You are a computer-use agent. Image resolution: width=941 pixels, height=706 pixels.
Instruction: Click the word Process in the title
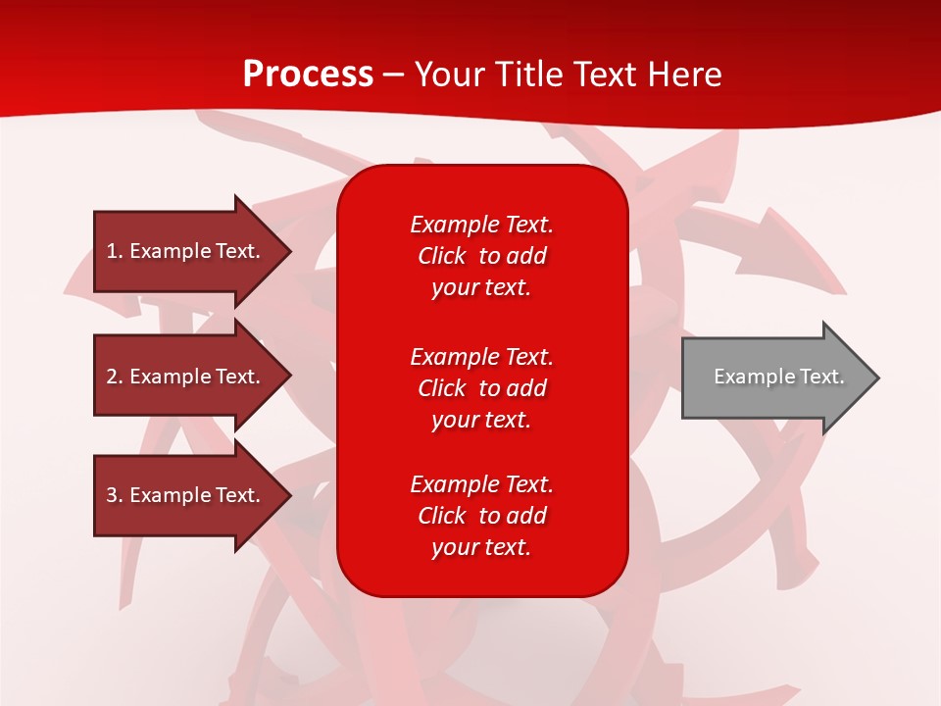pos(308,74)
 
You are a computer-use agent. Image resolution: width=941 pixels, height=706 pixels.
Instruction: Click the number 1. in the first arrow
pos(115,251)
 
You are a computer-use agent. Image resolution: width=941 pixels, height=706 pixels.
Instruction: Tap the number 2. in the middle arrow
pos(115,377)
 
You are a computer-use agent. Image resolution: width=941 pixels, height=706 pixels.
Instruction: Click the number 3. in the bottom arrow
pos(115,495)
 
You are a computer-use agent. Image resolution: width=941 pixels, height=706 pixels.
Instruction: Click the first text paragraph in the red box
pos(481,256)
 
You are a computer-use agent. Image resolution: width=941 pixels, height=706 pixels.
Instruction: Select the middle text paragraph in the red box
pos(481,388)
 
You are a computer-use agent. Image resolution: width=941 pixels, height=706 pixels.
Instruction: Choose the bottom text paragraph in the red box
pos(481,516)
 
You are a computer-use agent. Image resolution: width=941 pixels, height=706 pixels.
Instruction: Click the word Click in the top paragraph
pos(442,256)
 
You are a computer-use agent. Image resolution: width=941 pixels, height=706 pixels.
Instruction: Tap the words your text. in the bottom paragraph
pos(481,547)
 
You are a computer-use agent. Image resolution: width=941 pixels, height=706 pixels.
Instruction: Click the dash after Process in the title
pos(393,75)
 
